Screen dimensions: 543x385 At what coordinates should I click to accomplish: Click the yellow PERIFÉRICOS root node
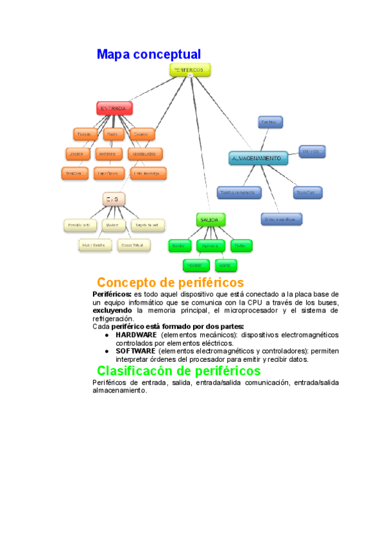[x=190, y=69]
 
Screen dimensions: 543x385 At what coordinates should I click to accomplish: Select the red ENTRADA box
[x=114, y=108]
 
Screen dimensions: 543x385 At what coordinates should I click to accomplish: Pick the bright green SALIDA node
[x=210, y=220]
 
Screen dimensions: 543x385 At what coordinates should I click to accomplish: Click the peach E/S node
[x=114, y=200]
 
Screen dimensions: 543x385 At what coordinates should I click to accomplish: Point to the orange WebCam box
[x=74, y=174]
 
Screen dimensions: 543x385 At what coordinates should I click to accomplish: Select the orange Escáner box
[x=141, y=134]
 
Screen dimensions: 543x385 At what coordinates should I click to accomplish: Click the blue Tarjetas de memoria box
[x=239, y=192]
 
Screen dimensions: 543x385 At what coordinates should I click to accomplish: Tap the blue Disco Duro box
[x=307, y=192]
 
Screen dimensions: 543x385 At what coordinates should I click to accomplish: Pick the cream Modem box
[x=113, y=225]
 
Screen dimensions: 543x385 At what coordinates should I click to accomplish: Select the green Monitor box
[x=179, y=246]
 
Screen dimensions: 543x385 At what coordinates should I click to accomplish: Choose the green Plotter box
[x=241, y=246]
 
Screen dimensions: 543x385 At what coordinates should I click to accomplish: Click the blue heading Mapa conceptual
[x=148, y=54]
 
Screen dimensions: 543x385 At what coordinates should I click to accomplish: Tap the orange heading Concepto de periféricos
[x=170, y=282]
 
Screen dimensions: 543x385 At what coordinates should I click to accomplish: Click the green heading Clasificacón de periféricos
[x=178, y=371]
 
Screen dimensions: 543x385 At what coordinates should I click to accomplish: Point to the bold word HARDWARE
[x=136, y=335]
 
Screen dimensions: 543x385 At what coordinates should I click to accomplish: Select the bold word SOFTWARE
[x=135, y=352]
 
